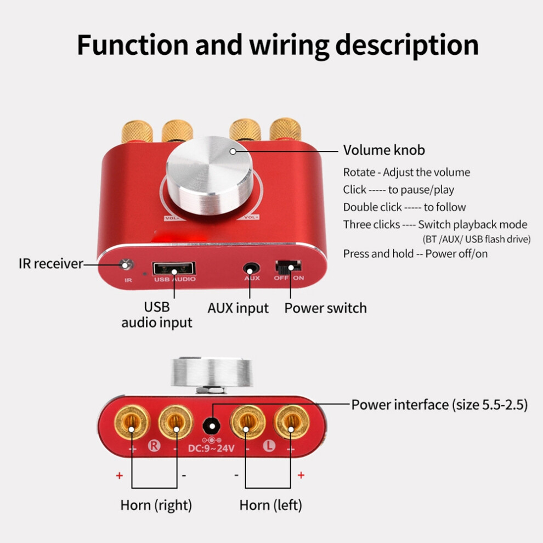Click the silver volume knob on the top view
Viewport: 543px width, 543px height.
click(210, 176)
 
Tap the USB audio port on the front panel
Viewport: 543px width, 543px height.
click(174, 268)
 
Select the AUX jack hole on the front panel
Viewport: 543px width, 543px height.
click(251, 269)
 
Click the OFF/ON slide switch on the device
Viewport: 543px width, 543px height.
click(288, 267)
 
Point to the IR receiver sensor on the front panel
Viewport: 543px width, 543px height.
click(126, 265)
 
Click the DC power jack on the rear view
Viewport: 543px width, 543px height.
click(211, 425)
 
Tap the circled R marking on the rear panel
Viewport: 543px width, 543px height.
click(154, 446)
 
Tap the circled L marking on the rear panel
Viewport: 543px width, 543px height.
click(269, 446)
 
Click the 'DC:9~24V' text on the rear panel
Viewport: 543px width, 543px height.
click(211, 449)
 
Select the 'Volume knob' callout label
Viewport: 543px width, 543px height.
click(384, 150)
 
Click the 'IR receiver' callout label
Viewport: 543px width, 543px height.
click(51, 263)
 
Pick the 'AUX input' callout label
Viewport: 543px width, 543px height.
click(238, 308)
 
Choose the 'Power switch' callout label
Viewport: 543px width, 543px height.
click(325, 308)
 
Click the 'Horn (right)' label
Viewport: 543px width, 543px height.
click(156, 505)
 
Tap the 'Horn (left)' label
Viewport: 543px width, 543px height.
click(271, 505)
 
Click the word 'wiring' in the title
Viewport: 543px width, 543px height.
click(290, 46)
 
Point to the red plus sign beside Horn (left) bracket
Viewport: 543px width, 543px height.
click(301, 475)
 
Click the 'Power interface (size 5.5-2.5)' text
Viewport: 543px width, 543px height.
click(439, 404)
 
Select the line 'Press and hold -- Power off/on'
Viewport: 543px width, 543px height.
click(415, 253)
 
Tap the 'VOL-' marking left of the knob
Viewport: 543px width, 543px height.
click(172, 218)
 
